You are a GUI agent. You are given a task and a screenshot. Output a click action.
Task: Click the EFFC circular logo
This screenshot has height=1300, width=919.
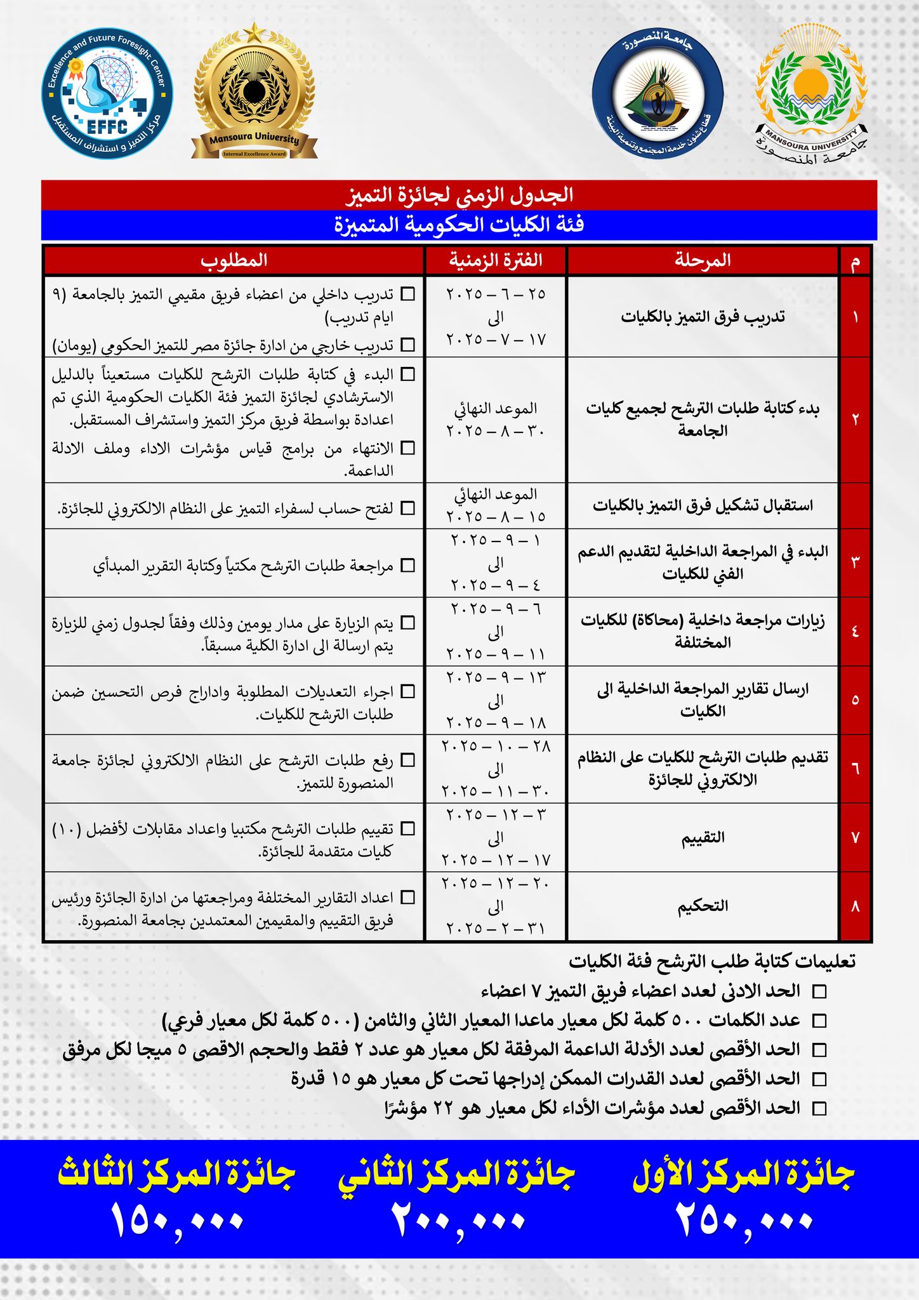(107, 94)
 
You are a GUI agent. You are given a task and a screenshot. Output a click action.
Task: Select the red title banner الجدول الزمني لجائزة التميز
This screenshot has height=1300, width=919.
(459, 195)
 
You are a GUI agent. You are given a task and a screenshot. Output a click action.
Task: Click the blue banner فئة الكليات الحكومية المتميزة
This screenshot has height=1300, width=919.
(459, 225)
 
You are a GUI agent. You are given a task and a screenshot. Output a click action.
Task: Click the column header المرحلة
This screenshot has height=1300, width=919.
(703, 260)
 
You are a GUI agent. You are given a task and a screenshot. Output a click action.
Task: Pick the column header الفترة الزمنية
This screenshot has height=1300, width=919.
(496, 260)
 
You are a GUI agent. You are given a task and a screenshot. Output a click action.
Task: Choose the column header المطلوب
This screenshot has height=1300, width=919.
(234, 260)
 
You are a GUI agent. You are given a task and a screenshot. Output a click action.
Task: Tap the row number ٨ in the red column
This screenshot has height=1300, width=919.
(855, 906)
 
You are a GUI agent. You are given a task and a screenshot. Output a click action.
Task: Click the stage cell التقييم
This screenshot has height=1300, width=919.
(703, 838)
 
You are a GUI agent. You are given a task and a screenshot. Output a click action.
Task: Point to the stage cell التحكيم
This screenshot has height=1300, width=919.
(703, 906)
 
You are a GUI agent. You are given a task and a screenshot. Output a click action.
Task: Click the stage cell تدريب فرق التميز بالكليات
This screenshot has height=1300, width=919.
(703, 317)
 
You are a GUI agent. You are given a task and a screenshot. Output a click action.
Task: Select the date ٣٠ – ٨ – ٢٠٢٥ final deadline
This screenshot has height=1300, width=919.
(496, 431)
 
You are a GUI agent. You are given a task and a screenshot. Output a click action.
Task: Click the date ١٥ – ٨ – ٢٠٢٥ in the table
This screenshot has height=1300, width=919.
(496, 517)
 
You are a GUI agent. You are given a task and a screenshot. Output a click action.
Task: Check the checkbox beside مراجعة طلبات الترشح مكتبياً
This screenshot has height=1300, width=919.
(409, 565)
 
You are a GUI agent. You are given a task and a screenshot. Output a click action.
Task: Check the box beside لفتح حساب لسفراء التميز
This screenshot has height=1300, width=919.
(409, 508)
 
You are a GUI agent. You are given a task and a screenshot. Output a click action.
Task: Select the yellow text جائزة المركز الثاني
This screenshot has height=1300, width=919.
(456, 1176)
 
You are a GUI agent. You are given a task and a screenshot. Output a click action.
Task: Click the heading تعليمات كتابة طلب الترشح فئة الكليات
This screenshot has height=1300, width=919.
(711, 962)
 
